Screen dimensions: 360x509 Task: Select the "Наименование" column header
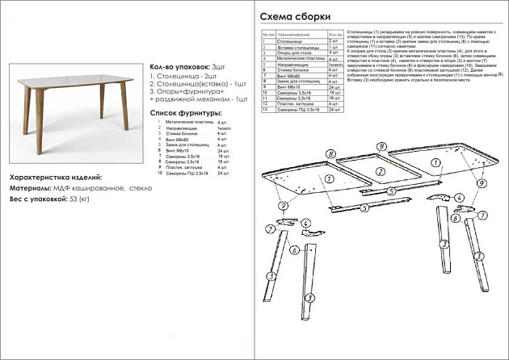pyautogui.click(x=295, y=36)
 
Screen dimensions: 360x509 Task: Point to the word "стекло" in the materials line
pyautogui.click(x=143, y=187)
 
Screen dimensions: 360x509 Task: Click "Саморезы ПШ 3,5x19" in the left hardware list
pyautogui.click(x=182, y=174)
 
